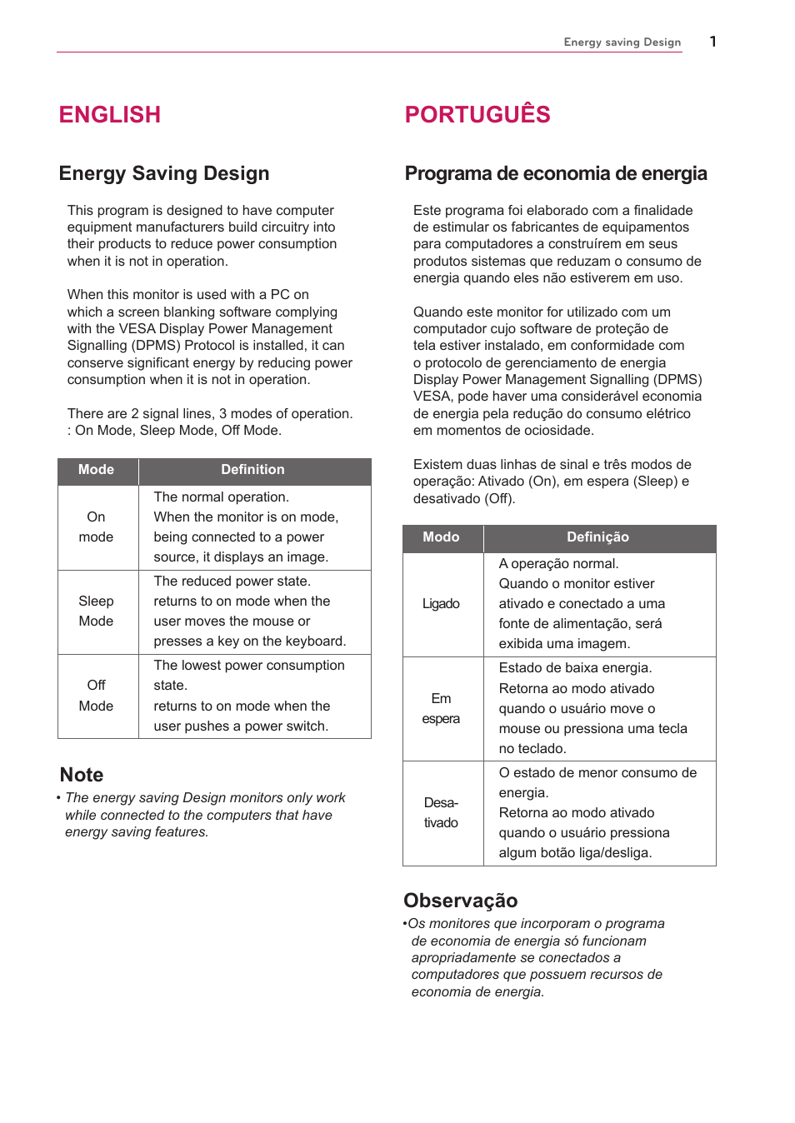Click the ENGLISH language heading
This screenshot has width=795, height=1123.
click(109, 115)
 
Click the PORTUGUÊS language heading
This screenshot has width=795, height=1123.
click(477, 114)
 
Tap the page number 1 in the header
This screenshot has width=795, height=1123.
click(712, 42)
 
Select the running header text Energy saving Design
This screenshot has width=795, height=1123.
click(622, 42)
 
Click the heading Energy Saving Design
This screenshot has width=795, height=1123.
click(164, 173)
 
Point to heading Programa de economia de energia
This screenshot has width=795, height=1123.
click(555, 173)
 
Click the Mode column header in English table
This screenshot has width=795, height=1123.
click(97, 470)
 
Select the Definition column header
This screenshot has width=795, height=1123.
click(252, 470)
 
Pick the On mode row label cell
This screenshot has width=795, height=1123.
click(97, 527)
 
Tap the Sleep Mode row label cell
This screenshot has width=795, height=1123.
click(97, 611)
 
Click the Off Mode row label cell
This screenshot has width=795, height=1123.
click(97, 696)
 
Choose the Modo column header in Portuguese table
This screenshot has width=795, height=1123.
click(441, 537)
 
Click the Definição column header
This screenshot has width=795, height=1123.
click(597, 537)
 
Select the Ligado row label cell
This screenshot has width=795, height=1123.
click(441, 604)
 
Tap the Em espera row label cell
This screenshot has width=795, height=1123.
click(441, 709)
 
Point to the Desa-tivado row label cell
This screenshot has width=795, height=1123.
click(441, 813)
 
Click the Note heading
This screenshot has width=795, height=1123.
click(82, 775)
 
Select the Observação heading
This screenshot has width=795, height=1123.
click(460, 901)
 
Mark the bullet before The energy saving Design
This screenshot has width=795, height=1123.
click(59, 798)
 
